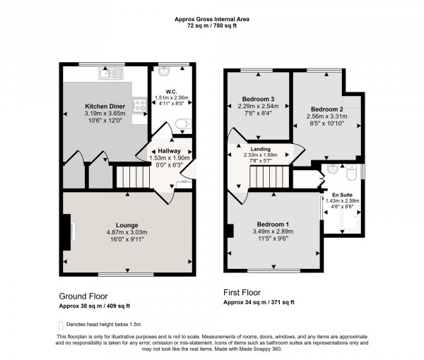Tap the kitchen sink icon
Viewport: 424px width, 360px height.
pyautogui.click(x=112, y=72)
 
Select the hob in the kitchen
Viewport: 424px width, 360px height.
pyautogui.click(x=141, y=105)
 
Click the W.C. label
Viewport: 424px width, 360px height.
pyautogui.click(x=170, y=91)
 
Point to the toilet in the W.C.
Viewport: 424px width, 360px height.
pyautogui.click(x=182, y=125)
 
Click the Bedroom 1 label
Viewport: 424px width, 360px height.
pyautogui.click(x=271, y=224)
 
